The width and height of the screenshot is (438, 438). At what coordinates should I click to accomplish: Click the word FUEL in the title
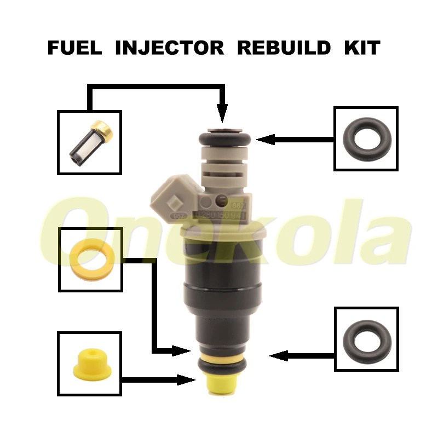coord(75,48)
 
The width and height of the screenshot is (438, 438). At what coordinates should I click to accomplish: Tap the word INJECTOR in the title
coord(170,48)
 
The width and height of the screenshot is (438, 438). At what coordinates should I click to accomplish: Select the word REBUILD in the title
coord(284,48)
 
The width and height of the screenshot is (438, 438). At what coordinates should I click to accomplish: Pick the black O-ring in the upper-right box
coord(366,138)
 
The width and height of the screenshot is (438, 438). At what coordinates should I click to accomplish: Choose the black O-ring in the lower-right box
coord(366,339)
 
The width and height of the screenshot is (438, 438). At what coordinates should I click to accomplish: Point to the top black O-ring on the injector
coord(222,139)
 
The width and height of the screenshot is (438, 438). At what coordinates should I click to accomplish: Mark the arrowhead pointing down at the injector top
coord(222,115)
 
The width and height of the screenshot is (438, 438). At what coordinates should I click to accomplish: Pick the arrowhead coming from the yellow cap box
coord(189,378)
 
